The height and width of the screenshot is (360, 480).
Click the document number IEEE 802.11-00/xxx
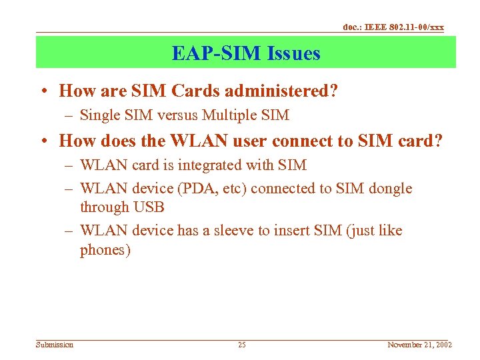click(x=393, y=27)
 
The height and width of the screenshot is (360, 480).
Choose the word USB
click(x=149, y=207)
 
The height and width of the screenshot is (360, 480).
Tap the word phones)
click(x=105, y=250)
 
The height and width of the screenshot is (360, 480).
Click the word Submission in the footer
click(x=55, y=345)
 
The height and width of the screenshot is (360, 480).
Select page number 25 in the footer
click(x=242, y=345)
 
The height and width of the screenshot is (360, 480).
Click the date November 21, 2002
click(x=420, y=345)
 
